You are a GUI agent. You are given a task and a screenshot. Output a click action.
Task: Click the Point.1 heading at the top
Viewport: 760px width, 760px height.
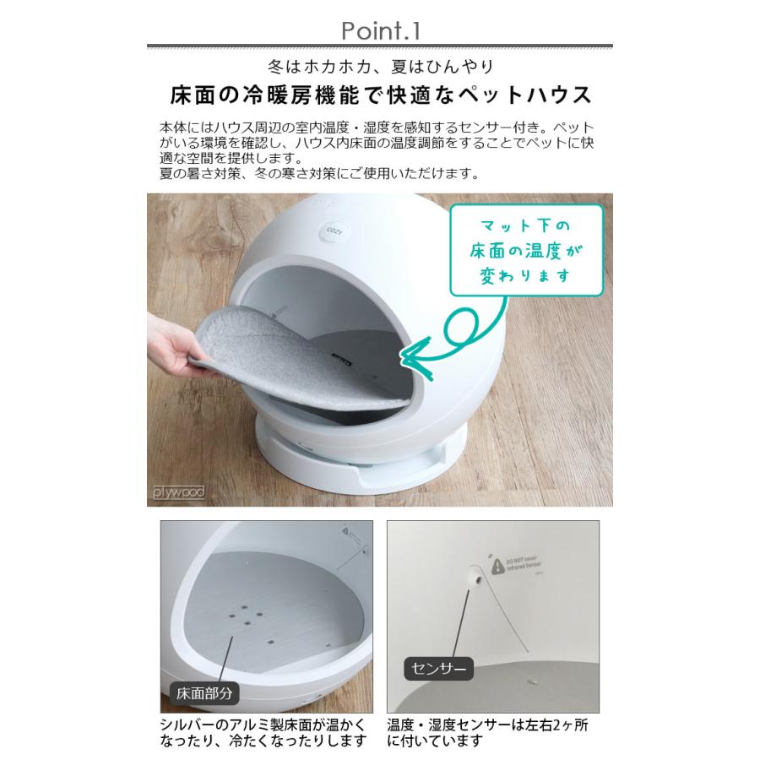(x=379, y=31)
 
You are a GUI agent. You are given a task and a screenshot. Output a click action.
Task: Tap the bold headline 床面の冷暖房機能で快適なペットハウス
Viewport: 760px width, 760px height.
(x=379, y=93)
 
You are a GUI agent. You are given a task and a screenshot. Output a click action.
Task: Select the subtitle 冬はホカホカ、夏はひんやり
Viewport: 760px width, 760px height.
(x=379, y=66)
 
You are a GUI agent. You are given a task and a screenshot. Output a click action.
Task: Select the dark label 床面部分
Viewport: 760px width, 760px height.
(x=204, y=694)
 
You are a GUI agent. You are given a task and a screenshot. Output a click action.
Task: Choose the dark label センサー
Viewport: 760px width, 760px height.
(x=439, y=670)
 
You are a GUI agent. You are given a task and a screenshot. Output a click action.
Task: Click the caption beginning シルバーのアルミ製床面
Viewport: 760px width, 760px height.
(x=263, y=733)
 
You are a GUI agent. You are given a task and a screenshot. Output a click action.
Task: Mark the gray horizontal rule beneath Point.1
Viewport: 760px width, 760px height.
(x=379, y=46)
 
